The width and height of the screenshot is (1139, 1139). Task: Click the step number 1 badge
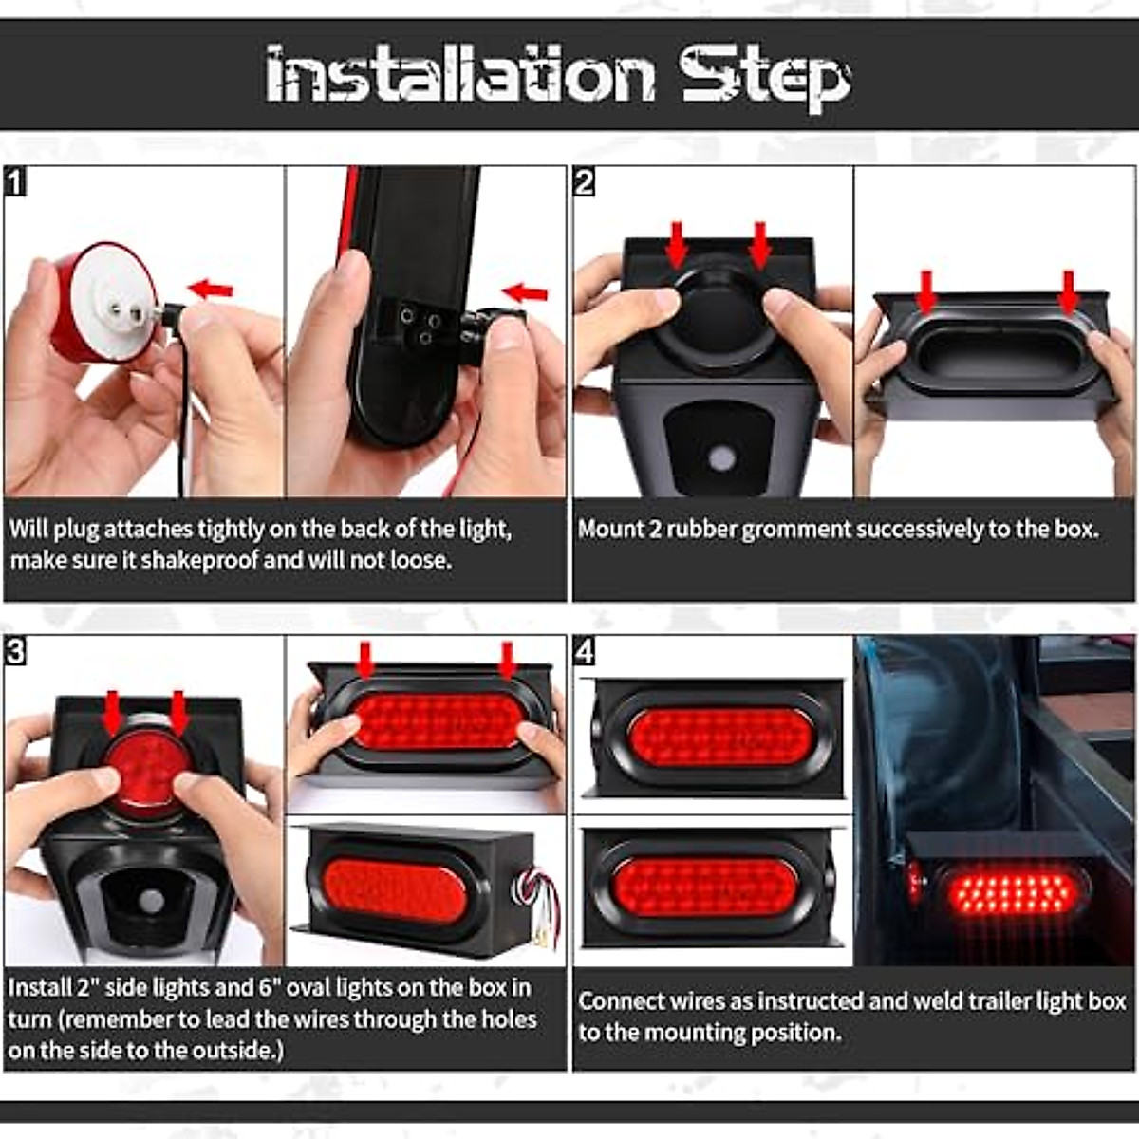coord(15,180)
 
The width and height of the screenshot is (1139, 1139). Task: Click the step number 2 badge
coord(585,180)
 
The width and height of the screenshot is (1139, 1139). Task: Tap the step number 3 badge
coord(15,651)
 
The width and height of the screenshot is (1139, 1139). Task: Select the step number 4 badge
coord(585,651)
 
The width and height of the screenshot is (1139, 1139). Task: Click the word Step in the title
coord(765,76)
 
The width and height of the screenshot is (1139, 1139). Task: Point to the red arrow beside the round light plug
coord(210,289)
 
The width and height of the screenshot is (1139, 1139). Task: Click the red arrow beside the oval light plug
coord(525,293)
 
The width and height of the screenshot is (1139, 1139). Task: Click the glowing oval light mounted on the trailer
coord(1012,892)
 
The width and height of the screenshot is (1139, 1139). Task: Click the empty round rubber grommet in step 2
coord(719,313)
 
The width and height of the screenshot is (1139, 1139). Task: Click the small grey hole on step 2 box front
coord(722,459)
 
